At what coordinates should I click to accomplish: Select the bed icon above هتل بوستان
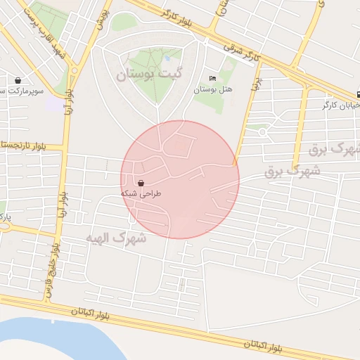point(213,78)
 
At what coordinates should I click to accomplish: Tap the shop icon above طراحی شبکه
point(141,182)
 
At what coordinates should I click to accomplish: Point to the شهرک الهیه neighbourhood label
point(116,238)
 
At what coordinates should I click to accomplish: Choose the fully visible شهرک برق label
point(292,171)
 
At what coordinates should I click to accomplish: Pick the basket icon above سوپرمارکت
point(18,79)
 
